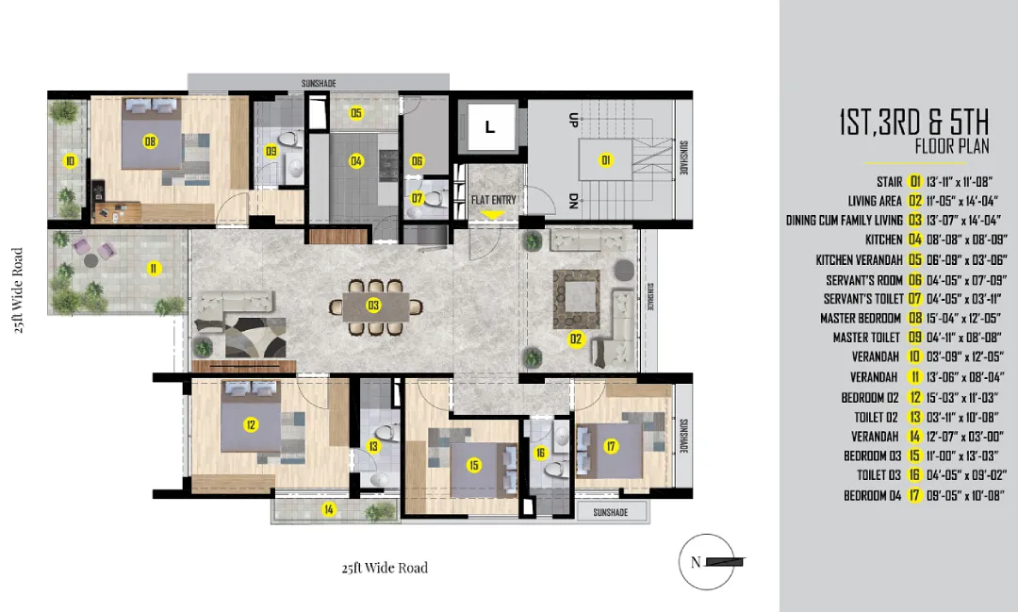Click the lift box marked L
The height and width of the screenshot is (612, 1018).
[x=489, y=126]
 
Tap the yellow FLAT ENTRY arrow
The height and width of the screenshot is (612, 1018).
[x=494, y=214]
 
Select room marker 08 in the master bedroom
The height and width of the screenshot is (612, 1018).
[x=150, y=141]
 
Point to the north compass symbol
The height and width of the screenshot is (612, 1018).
[x=707, y=561]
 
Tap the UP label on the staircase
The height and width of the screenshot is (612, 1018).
[x=573, y=120]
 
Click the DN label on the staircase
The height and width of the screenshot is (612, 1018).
[x=573, y=202]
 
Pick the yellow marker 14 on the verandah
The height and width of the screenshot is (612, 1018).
[x=329, y=509]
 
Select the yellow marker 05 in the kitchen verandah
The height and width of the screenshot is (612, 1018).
[x=355, y=113]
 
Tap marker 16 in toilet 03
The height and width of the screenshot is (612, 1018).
[x=540, y=453]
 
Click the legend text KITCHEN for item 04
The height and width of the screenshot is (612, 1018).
[x=883, y=240]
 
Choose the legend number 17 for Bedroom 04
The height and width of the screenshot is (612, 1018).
[x=914, y=495]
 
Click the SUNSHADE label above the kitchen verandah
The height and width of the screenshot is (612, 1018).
[x=319, y=83]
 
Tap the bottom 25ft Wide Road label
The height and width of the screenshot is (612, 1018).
[x=385, y=568]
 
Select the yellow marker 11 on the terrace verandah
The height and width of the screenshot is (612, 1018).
[x=154, y=269]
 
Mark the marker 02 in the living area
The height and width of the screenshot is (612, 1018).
[x=576, y=339]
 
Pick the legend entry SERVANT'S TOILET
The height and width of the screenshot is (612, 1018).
[x=863, y=299]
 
